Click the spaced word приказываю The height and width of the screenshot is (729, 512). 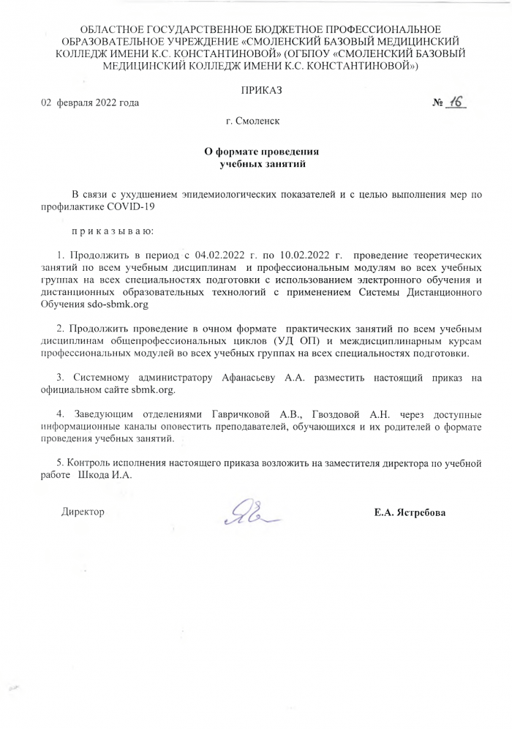pyautogui.click(x=111, y=231)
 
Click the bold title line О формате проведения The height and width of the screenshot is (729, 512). pyautogui.click(x=261, y=152)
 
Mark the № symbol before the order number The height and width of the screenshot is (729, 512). pyautogui.click(x=439, y=103)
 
